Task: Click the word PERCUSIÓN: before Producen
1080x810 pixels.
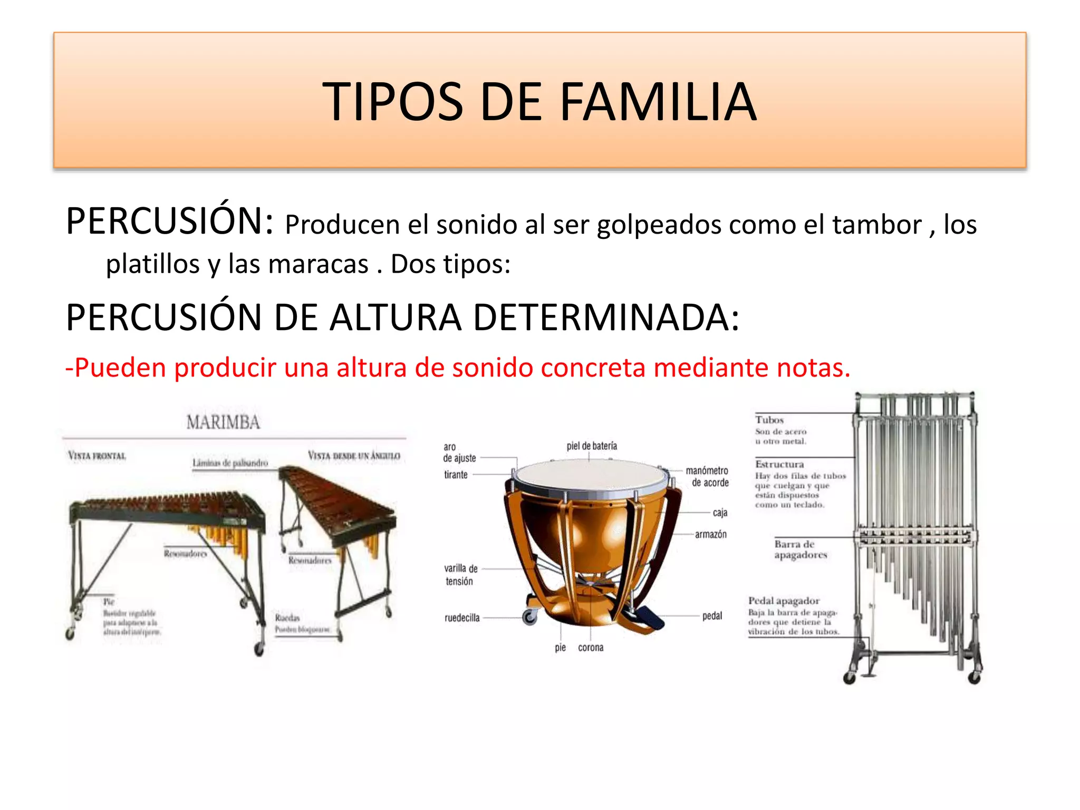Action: [170, 221]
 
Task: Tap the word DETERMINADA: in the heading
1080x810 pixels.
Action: [606, 318]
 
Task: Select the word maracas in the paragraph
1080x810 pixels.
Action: [318, 264]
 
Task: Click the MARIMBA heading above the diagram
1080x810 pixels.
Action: [223, 422]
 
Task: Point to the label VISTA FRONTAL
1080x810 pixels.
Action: [97, 456]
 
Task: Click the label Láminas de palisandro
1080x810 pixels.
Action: [230, 463]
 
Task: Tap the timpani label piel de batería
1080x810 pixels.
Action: [592, 446]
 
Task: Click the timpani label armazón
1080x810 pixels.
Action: [710, 534]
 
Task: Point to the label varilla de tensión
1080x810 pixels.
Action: [460, 575]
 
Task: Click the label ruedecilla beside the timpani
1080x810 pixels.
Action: [462, 618]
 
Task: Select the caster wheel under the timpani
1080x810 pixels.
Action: [529, 617]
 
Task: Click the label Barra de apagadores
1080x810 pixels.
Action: [800, 549]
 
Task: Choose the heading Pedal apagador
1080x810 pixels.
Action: [784, 601]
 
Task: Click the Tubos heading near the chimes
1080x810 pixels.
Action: [769, 420]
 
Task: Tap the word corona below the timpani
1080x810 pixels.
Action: [591, 648]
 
